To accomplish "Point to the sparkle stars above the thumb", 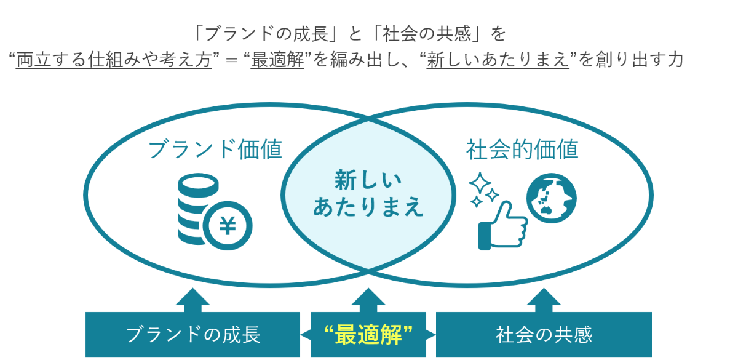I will coord(483,188).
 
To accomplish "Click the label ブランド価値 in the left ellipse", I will coord(215,150).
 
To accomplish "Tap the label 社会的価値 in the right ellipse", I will coord(522,150).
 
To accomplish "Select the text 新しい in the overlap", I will coord(368,181).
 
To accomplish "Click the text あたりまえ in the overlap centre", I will coord(368,207).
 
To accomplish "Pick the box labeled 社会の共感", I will coord(544,335).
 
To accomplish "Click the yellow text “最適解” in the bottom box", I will coord(368,335).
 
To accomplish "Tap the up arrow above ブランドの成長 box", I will coord(192,299).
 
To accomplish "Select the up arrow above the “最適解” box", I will coord(368,299).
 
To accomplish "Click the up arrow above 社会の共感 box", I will coord(544,299).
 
